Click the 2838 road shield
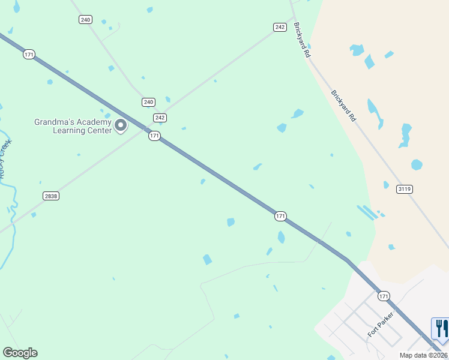(51, 196)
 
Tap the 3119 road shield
(405, 189)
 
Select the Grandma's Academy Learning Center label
(73, 126)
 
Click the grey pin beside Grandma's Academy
(121, 125)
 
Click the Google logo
(20, 352)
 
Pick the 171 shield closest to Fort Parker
(384, 296)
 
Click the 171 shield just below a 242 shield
(154, 136)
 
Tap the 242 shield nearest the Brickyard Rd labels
(280, 27)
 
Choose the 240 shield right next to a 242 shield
(148, 102)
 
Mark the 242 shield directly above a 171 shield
(160, 118)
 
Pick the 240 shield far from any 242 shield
(85, 20)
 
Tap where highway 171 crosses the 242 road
(148, 128)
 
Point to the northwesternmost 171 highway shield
(29, 55)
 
